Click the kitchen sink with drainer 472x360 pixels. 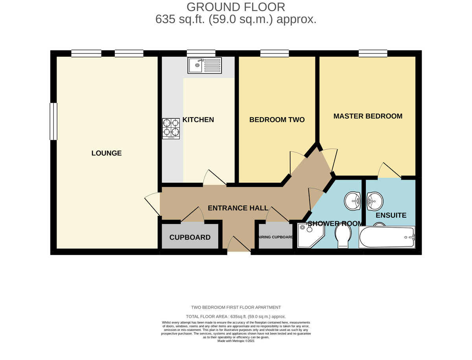point(205,65)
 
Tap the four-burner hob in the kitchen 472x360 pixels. point(171,129)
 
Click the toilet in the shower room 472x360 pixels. point(343,237)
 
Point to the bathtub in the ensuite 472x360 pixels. point(387,237)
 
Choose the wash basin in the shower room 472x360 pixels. point(352,201)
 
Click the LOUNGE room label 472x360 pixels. point(107,153)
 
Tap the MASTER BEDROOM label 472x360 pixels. point(368,116)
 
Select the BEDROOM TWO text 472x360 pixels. point(277,120)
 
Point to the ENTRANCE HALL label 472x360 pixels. point(238,208)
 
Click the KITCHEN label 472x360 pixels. point(198,120)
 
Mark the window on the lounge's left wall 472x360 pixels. point(53,121)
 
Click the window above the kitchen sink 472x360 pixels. point(201,54)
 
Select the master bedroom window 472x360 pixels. point(373,54)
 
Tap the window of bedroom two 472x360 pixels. point(275,54)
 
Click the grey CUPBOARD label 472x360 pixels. point(190,237)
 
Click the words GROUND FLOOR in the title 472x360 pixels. point(236,7)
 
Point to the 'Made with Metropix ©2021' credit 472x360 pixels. point(236,341)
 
